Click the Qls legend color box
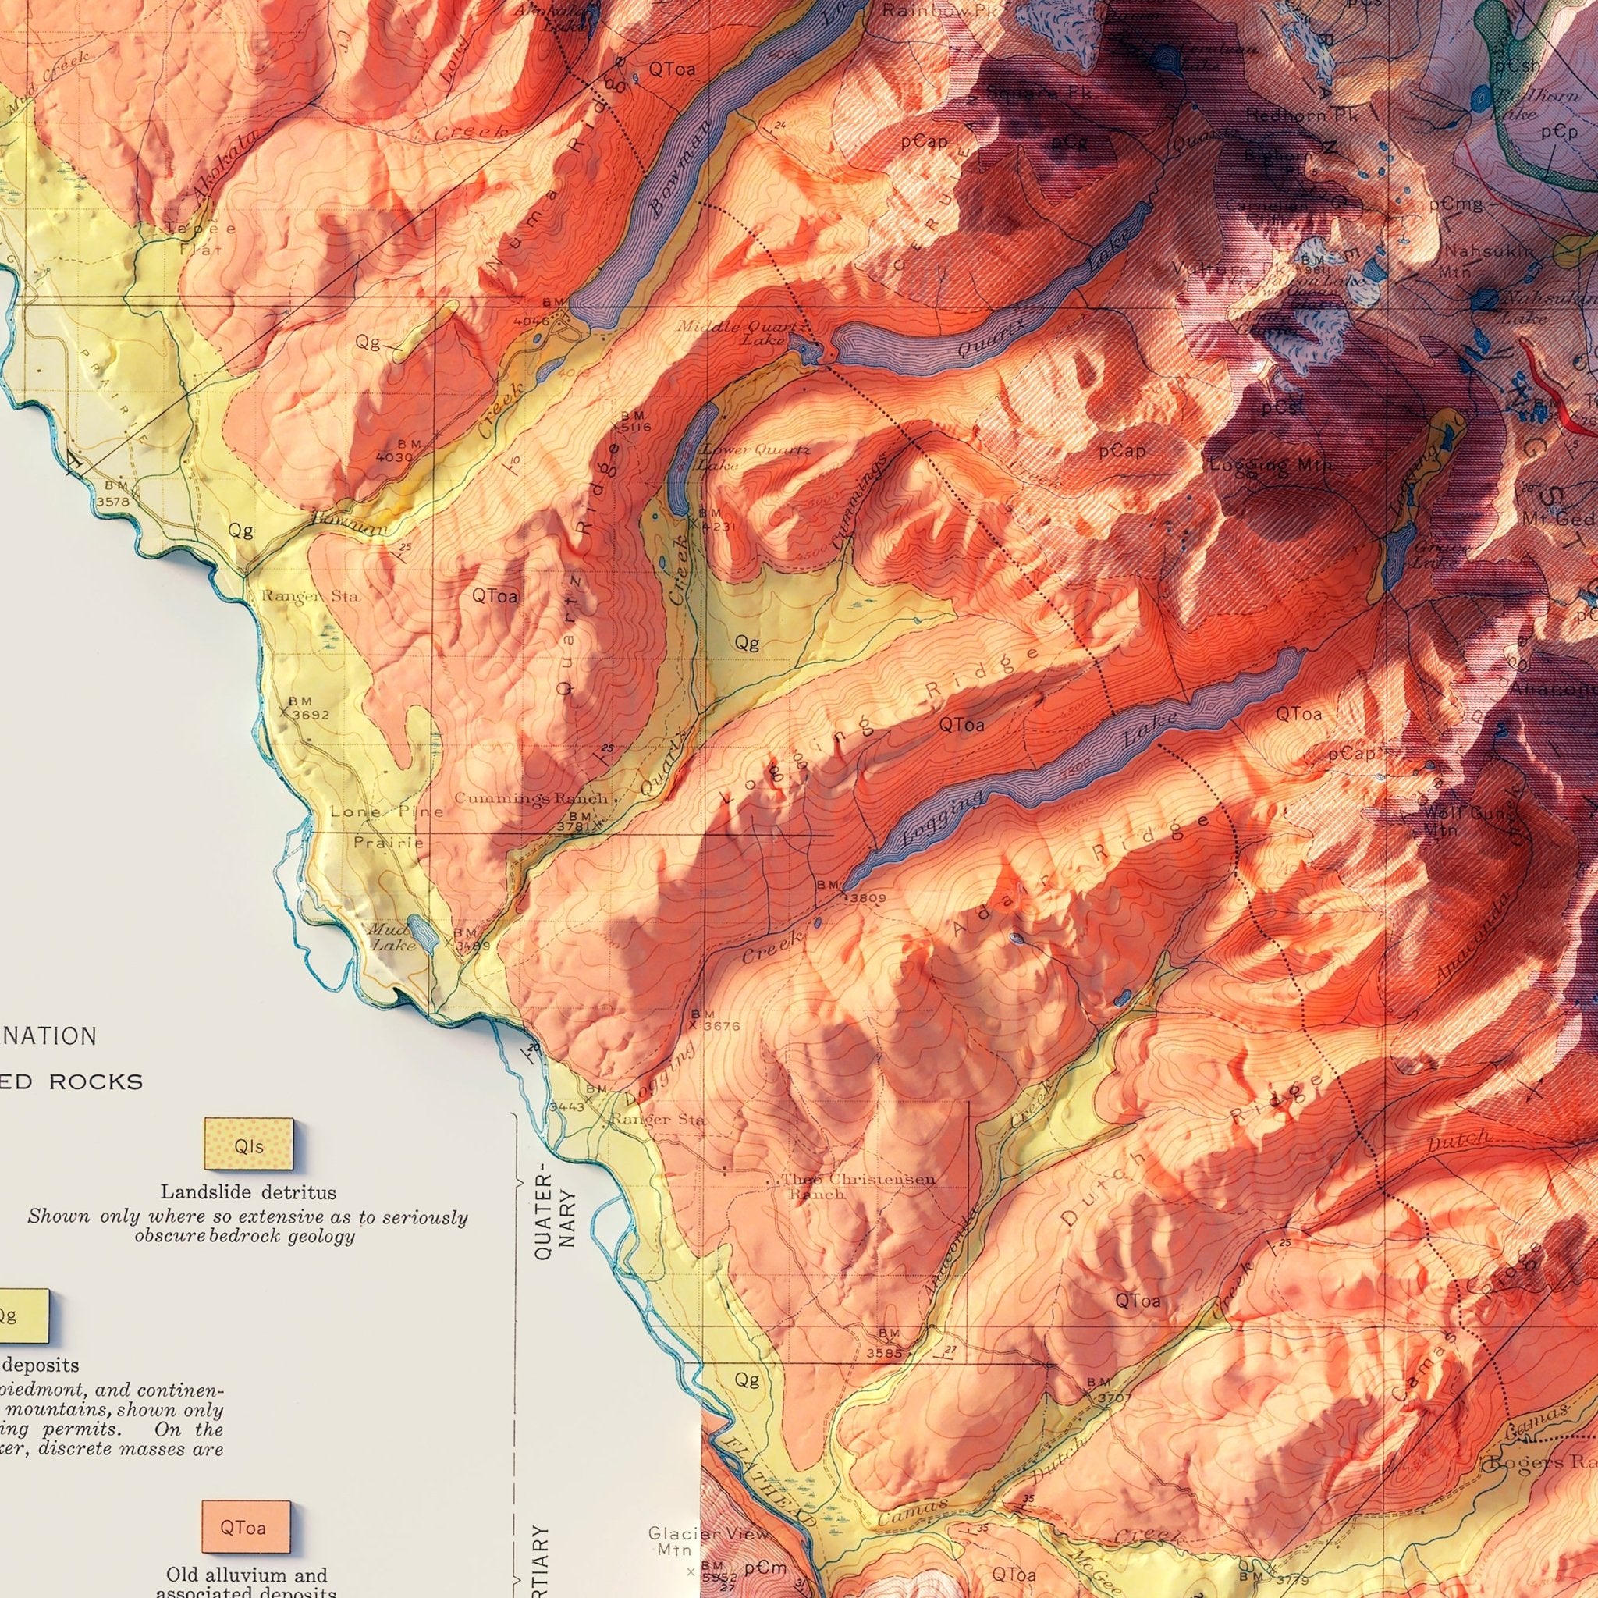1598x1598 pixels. (x=248, y=1145)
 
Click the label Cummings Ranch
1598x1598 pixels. (x=532, y=799)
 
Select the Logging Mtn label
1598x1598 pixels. (x=1270, y=466)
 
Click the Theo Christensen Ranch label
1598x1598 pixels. (x=858, y=1185)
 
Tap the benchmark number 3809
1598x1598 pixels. (x=865, y=897)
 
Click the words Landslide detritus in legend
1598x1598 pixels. (x=248, y=1192)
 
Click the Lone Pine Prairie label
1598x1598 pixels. (x=387, y=827)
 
